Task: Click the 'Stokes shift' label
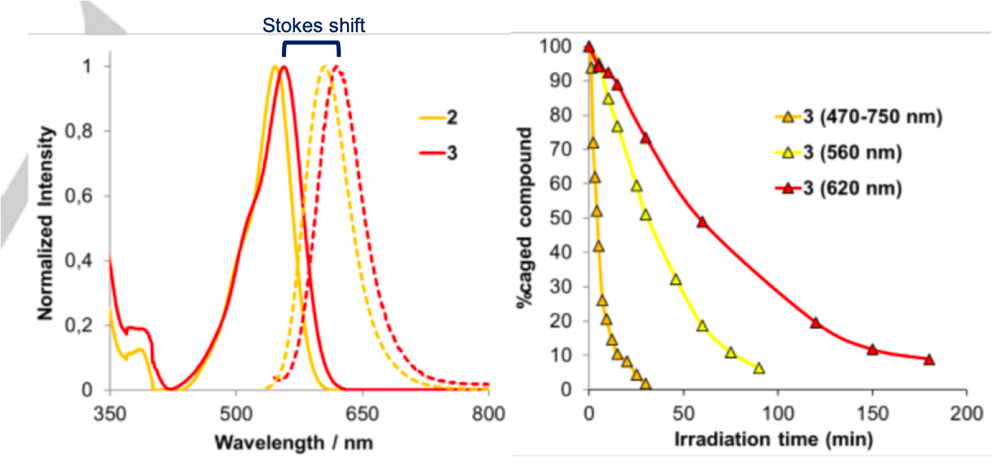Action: (x=315, y=26)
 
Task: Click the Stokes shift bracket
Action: (x=311, y=45)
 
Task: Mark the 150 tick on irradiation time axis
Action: (x=872, y=413)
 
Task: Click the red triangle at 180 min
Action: (x=929, y=360)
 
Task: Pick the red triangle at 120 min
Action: (x=815, y=323)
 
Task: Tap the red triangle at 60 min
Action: (x=702, y=222)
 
